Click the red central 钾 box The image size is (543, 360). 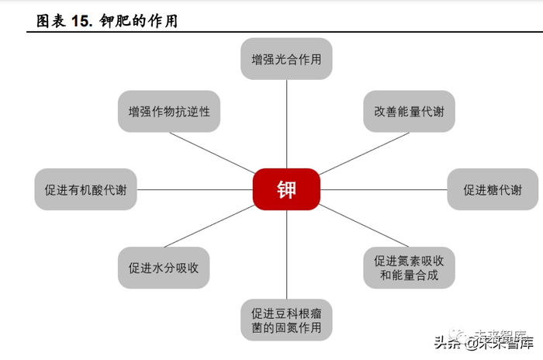[x=286, y=189]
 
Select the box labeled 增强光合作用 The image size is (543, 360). [x=286, y=59]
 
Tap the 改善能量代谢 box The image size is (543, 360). [x=409, y=112]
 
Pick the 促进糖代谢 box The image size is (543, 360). [x=493, y=189]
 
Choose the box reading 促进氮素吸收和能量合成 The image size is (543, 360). [x=409, y=268]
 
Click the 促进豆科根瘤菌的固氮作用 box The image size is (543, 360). [x=286, y=320]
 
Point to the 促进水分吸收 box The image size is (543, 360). [x=164, y=268]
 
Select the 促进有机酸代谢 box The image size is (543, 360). [x=85, y=189]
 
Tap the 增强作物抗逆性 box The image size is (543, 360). [x=164, y=112]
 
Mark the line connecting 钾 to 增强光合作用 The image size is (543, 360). [x=286, y=124]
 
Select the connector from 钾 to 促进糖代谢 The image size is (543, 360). [x=383, y=189]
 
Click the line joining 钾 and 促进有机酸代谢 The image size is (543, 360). [x=194, y=189]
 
